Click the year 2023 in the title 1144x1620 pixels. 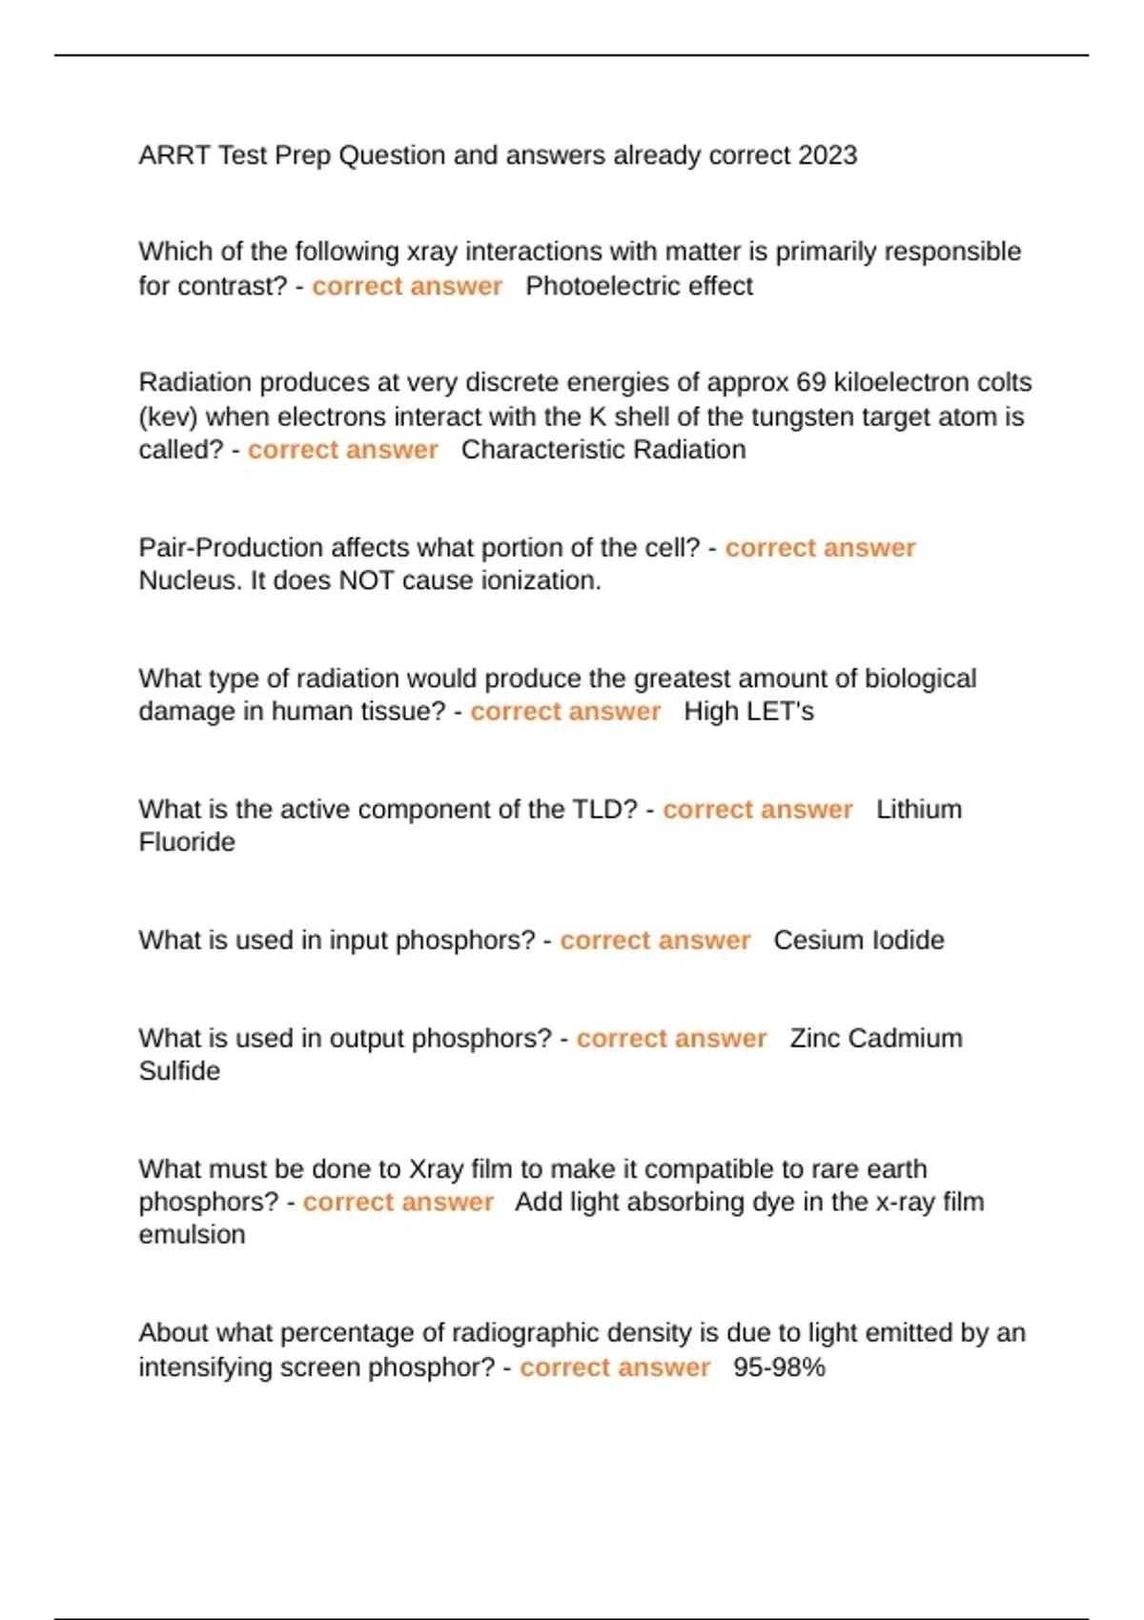click(827, 155)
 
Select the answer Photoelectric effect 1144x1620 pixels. click(639, 286)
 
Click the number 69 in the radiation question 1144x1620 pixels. click(810, 382)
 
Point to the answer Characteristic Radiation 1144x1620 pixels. click(603, 450)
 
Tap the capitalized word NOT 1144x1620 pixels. click(367, 580)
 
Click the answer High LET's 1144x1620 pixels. click(748, 712)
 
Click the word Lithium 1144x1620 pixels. click(919, 809)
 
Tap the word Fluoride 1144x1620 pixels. click(187, 842)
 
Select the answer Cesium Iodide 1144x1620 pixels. click(859, 941)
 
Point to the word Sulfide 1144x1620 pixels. click(179, 1071)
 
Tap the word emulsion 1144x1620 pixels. click(192, 1235)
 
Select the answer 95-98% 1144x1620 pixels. click(779, 1367)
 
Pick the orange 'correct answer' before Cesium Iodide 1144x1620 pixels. click(655, 941)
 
